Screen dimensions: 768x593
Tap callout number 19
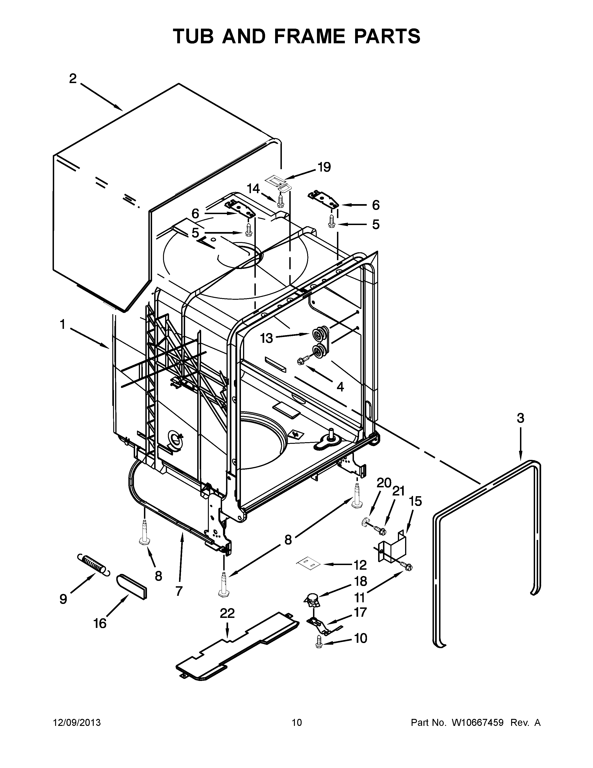point(324,167)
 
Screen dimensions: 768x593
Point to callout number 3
point(520,418)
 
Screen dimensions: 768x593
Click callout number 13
point(266,338)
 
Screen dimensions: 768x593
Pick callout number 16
point(100,623)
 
